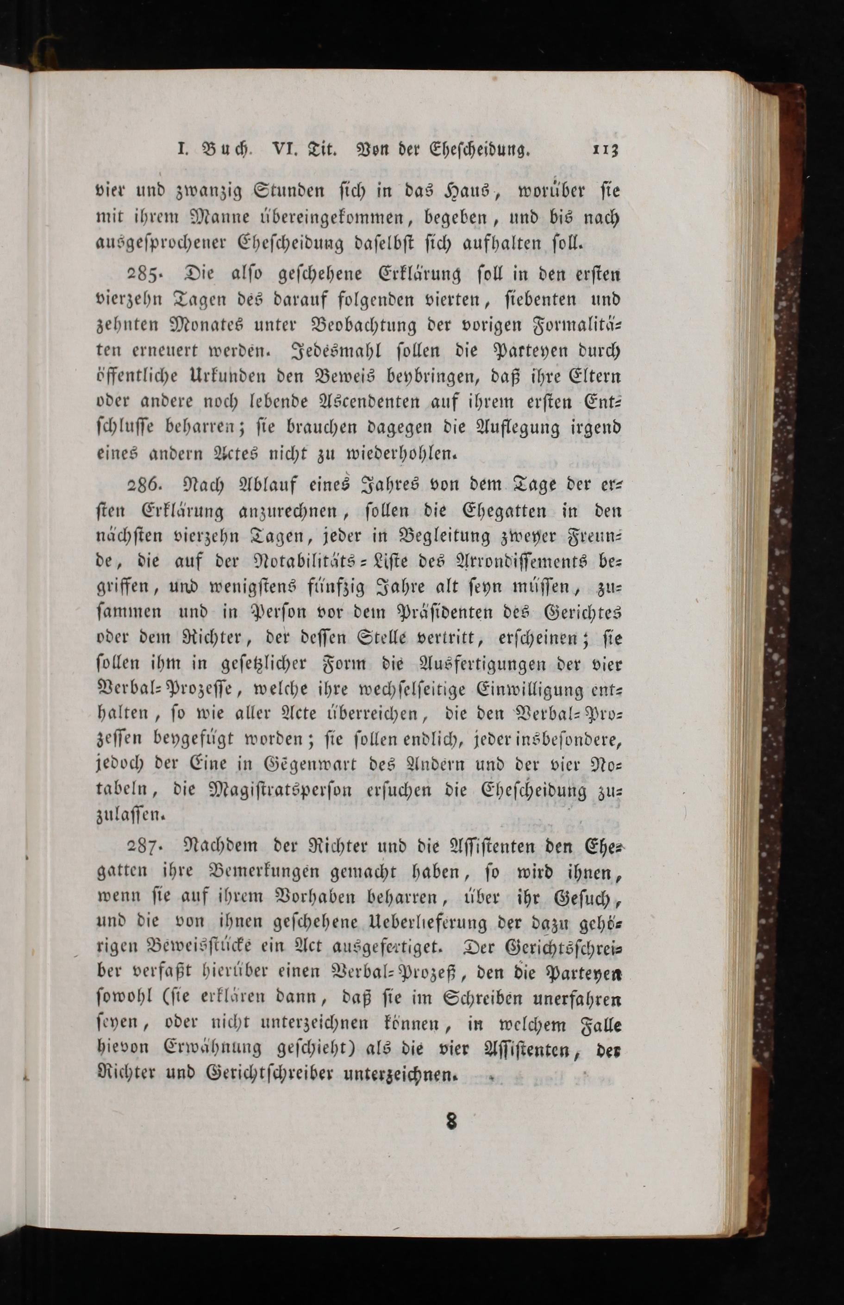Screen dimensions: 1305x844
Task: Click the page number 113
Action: (x=605, y=149)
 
